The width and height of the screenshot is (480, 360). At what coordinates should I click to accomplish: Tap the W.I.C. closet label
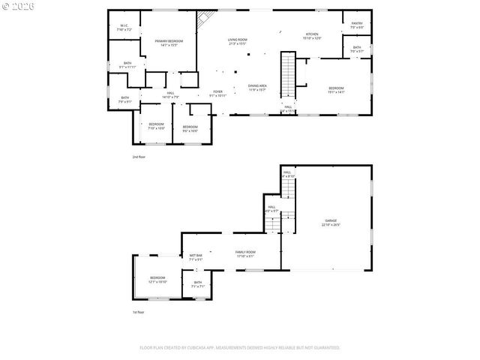click(124, 28)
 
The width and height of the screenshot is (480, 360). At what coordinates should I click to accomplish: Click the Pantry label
click(357, 25)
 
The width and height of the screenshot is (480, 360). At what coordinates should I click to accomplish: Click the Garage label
click(331, 222)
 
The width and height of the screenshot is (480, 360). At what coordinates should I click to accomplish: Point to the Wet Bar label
click(196, 257)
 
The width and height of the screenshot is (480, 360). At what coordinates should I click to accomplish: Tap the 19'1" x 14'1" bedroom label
click(335, 91)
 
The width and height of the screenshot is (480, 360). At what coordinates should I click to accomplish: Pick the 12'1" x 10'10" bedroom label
click(157, 279)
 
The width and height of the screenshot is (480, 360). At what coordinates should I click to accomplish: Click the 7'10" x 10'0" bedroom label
click(155, 126)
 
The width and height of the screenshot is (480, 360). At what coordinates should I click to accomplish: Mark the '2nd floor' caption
click(139, 157)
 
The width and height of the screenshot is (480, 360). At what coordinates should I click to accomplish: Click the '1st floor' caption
click(138, 312)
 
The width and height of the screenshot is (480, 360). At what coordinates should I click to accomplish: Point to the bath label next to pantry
click(357, 49)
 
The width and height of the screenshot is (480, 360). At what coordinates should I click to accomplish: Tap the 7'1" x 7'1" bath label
click(198, 285)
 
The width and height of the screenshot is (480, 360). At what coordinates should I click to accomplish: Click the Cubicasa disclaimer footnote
click(240, 348)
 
